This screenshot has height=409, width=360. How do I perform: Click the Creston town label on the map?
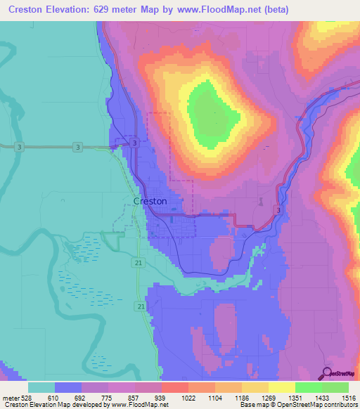(150, 201)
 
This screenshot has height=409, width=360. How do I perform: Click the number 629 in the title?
(110, 9)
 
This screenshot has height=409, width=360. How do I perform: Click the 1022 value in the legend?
(188, 397)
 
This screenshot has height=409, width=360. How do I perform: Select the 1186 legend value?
(241, 397)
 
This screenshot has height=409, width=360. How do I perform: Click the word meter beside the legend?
(11, 397)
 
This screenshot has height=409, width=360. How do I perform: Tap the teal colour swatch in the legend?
(41, 387)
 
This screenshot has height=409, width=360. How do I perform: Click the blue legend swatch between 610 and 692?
(68, 387)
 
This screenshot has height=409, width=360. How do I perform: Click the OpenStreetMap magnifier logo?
(328, 373)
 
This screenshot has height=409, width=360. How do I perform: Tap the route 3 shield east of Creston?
(279, 210)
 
